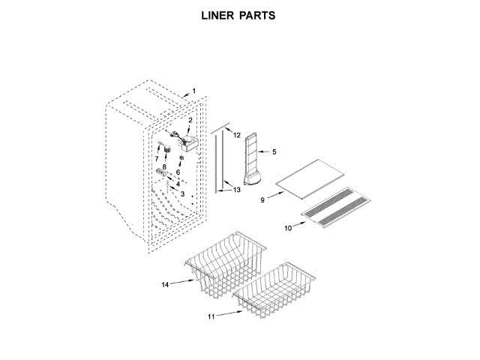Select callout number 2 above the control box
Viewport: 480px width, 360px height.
[190, 121]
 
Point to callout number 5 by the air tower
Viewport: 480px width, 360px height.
[274, 152]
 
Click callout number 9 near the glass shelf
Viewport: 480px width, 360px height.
[262, 200]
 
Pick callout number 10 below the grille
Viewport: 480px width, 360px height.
[287, 227]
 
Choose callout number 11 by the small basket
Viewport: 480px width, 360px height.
[211, 316]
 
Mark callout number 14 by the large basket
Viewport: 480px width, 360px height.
[166, 284]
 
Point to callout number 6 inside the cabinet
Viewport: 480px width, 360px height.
[178, 172]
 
